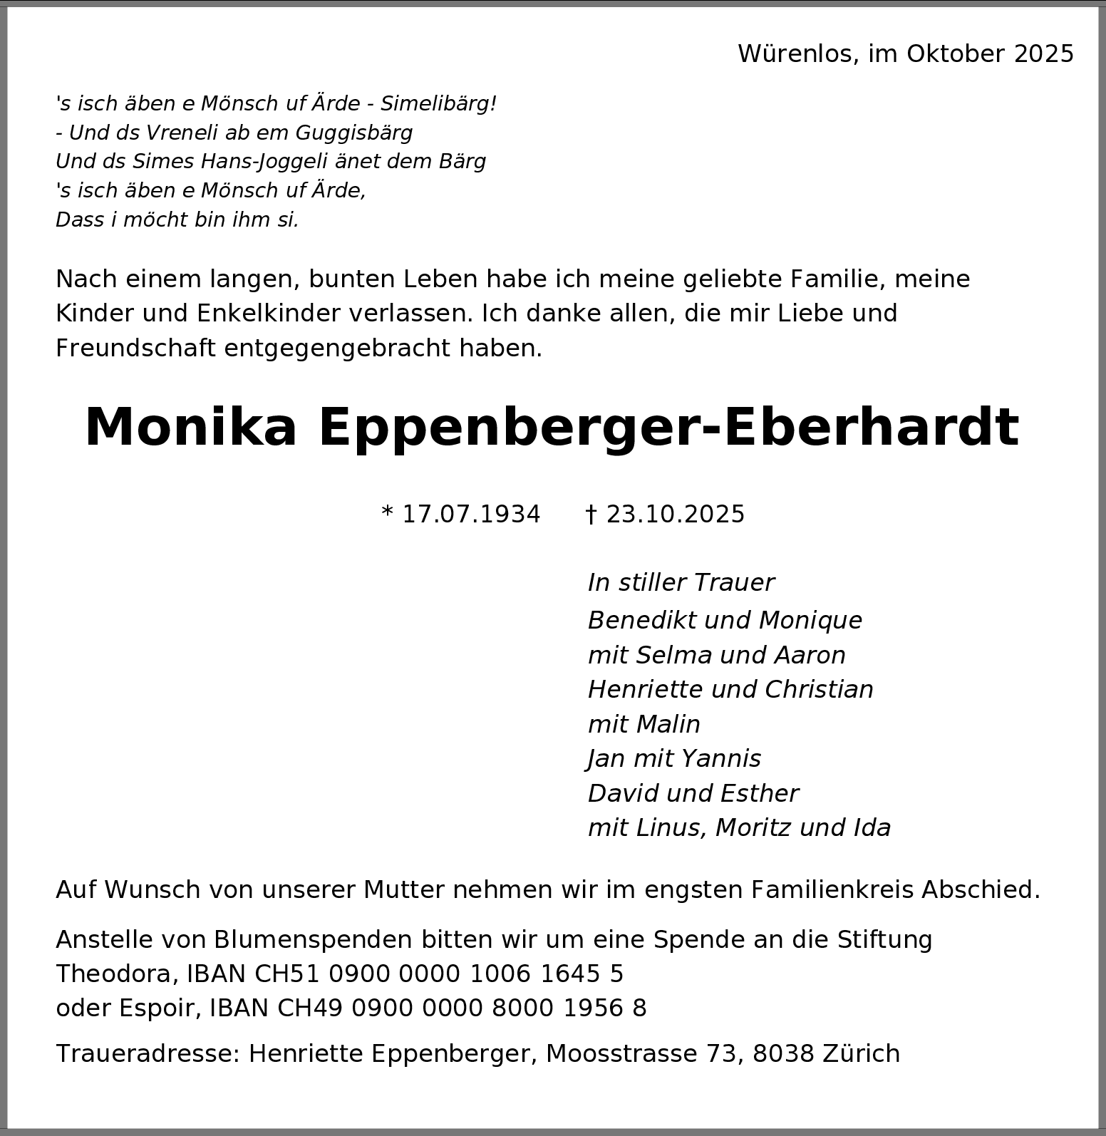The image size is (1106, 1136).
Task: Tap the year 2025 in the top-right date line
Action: pos(1043,54)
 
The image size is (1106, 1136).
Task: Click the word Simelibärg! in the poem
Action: pos(438,104)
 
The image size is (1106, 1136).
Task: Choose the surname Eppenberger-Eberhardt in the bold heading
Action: pos(668,428)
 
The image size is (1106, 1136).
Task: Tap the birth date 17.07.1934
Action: pos(471,515)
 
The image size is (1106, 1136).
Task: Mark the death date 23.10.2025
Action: pos(675,515)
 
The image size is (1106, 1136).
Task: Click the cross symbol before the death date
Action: pos(590,515)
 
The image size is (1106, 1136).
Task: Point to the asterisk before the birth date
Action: pos(388,513)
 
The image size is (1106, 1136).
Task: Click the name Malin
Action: pos(668,725)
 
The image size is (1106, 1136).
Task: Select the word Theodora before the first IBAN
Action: pos(116,974)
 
